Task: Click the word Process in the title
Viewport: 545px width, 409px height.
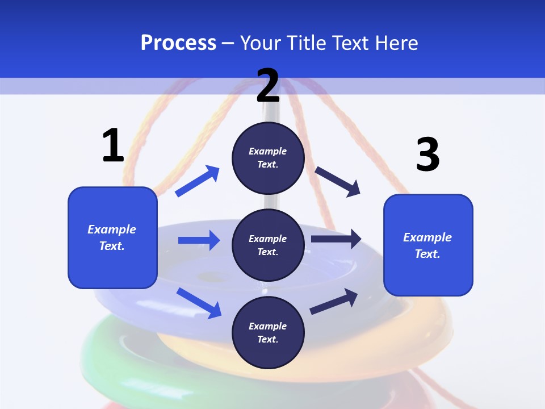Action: pos(178,43)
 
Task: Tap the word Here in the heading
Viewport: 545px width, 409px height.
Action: pos(395,43)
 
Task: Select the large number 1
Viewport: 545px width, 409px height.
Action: pos(113,146)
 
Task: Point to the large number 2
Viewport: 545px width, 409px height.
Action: pos(268,86)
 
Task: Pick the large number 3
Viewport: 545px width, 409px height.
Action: pos(427,155)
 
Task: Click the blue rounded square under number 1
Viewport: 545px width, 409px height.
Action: pos(112,237)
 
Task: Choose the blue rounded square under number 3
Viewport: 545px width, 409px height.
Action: pos(428,245)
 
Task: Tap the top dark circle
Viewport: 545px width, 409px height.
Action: pos(268,158)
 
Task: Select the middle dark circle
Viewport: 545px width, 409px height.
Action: pos(268,245)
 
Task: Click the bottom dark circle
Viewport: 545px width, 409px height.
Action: pos(268,332)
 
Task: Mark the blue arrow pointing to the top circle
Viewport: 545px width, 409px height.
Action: pos(198,181)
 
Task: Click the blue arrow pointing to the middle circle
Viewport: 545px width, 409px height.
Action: pos(199,240)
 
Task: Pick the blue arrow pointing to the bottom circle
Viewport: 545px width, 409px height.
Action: pos(199,303)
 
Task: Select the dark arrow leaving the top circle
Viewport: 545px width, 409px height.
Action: pos(338,181)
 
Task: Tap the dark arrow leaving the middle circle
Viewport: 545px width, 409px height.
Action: pos(336,239)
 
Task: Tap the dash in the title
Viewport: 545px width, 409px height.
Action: pos(228,43)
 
